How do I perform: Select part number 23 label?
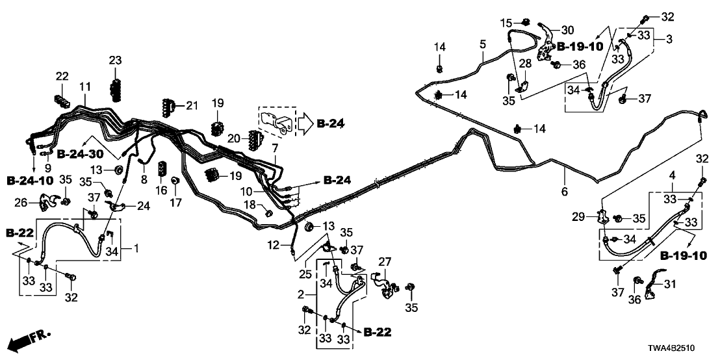(x=115, y=60)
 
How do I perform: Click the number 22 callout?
(x=61, y=77)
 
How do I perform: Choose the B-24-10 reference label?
(x=30, y=179)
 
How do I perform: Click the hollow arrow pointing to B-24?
(x=306, y=123)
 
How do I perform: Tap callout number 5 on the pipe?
(x=482, y=44)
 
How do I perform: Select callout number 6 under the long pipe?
(x=564, y=192)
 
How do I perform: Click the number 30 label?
(x=567, y=30)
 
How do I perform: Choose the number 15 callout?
(x=508, y=23)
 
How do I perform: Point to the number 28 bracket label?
(x=524, y=63)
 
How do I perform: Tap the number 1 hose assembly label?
(x=136, y=248)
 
